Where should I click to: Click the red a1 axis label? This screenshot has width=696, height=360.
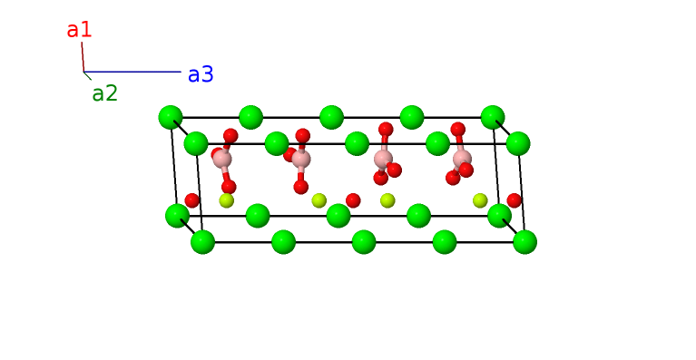(79, 29)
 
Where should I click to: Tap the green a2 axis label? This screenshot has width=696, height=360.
(104, 92)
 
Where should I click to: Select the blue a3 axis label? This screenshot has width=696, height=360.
(201, 74)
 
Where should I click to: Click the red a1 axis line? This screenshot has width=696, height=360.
(82, 56)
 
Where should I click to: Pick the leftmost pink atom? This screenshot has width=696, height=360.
(222, 160)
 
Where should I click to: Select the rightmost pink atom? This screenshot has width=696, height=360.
(462, 159)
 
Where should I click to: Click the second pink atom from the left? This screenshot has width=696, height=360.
(301, 160)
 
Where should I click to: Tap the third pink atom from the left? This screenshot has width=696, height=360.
(383, 159)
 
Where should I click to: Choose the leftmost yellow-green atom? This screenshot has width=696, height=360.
(226, 200)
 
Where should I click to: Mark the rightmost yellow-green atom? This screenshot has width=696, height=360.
(480, 200)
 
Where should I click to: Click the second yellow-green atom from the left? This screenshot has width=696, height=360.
(319, 200)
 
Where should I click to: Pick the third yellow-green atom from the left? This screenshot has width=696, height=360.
(387, 200)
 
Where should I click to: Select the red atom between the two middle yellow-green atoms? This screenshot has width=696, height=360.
(353, 200)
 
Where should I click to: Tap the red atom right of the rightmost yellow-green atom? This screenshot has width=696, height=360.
(515, 200)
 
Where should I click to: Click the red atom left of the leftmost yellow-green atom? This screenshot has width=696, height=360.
(192, 200)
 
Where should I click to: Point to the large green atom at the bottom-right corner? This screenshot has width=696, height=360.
(524, 242)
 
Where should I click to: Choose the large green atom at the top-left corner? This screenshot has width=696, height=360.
(171, 117)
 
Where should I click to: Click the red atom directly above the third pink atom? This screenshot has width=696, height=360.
(386, 130)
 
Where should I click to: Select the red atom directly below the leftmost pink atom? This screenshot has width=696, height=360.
(229, 187)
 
